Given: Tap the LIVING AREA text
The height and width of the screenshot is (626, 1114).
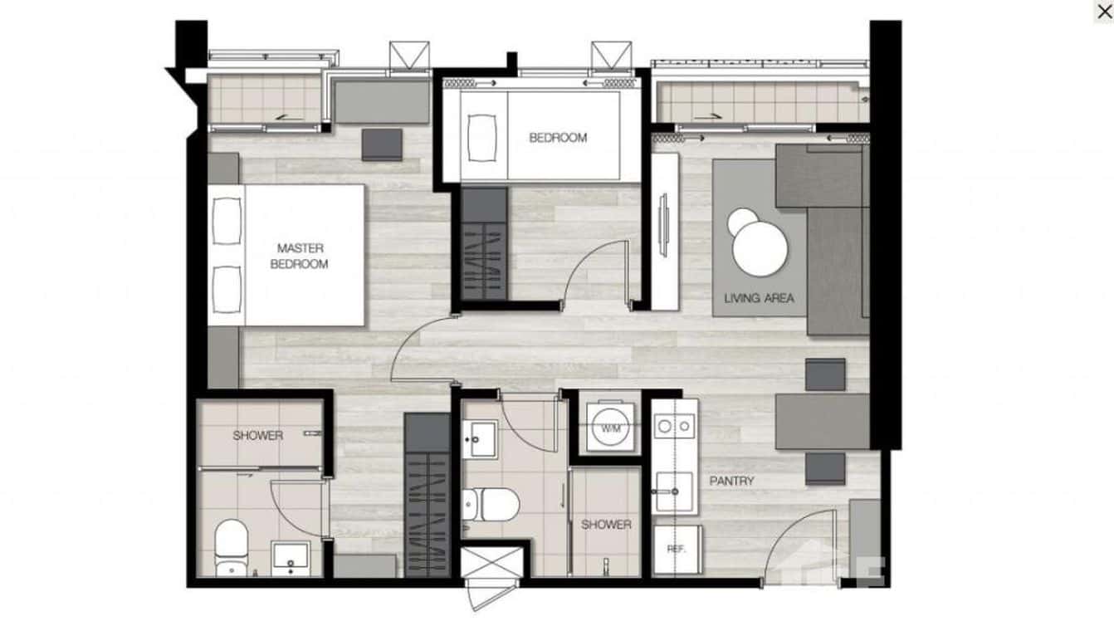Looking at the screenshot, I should (x=759, y=298).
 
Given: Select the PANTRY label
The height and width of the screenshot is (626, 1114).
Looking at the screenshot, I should (x=731, y=481).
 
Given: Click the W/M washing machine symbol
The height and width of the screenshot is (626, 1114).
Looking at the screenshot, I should (x=611, y=428).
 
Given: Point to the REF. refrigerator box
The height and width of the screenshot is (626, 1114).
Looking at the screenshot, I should (x=676, y=549).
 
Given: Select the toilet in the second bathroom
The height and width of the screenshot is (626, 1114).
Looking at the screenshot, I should (x=490, y=501).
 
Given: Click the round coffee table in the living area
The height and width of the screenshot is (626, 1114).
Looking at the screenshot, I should (x=760, y=245).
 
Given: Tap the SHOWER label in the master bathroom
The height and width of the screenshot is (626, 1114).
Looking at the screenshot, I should (x=257, y=435).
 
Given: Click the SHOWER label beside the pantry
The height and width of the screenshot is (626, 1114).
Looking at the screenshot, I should (x=606, y=525).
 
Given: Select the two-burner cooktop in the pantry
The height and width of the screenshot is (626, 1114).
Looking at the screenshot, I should (x=673, y=426).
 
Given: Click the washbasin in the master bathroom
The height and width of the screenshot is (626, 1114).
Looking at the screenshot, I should (x=291, y=560).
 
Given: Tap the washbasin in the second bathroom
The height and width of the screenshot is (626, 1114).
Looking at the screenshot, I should (x=479, y=438).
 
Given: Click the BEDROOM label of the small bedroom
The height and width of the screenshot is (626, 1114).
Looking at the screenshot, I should (x=558, y=138).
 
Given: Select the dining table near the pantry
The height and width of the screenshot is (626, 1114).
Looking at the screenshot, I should (x=822, y=421).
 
